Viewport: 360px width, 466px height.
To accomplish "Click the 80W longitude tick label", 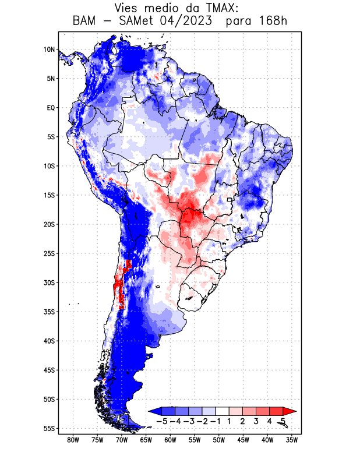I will [73, 440].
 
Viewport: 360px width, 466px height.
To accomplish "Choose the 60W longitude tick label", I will [170, 440].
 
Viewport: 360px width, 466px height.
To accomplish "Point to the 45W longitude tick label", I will [243, 440].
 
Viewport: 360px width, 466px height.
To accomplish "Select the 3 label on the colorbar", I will [256, 421].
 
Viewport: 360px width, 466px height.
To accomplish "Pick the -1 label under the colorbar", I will [216, 421].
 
